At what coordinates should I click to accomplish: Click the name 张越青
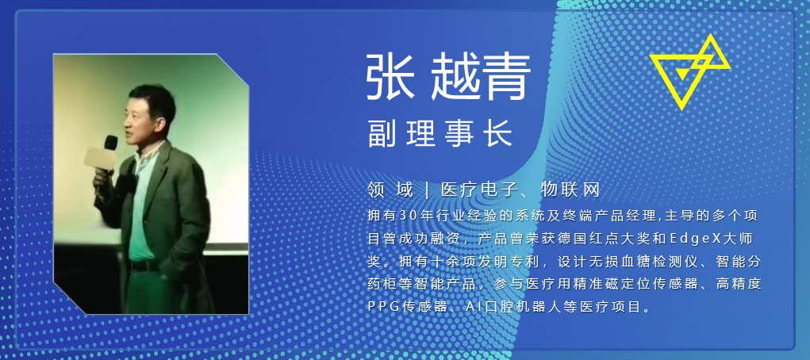448,78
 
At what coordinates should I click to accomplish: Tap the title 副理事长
440,134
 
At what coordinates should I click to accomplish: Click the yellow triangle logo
689,72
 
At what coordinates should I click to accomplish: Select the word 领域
390,190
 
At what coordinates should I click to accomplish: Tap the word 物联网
570,190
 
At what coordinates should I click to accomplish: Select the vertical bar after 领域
427,190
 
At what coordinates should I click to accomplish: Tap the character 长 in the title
499,134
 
